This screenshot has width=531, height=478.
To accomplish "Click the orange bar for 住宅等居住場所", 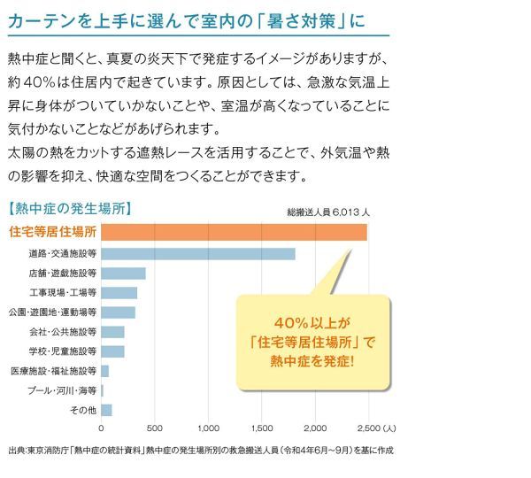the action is point(234,232).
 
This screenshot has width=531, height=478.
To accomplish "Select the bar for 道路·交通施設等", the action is point(198,254).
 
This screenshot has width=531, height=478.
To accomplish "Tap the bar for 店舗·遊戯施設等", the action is point(123,274).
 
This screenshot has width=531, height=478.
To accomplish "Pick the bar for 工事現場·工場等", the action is point(119,293).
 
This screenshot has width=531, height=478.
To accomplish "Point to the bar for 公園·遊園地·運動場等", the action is point(118,312).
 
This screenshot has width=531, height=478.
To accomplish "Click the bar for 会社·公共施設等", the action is point(112,332).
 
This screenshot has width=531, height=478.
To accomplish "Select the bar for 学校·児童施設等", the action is point(112,351).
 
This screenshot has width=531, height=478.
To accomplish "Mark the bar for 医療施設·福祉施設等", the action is point(104,371).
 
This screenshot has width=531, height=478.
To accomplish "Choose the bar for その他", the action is point(106,410).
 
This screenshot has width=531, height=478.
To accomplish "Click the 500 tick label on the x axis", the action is point(154,428).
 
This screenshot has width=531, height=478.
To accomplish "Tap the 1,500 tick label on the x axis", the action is point(262,428).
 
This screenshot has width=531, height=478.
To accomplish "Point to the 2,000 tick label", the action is point(315,428).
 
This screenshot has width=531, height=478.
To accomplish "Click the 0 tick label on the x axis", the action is point(101,428).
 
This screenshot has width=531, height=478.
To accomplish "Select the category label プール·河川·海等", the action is point(62,391).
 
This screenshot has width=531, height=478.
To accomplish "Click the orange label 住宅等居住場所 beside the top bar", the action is point(53,232).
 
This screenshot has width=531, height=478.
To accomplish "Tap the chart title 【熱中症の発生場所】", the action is point(70,209).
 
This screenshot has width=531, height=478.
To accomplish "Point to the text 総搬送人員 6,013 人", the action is point(328,212).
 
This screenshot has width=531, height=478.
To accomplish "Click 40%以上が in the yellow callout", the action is point(312,323).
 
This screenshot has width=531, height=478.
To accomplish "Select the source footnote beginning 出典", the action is point(201,451).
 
